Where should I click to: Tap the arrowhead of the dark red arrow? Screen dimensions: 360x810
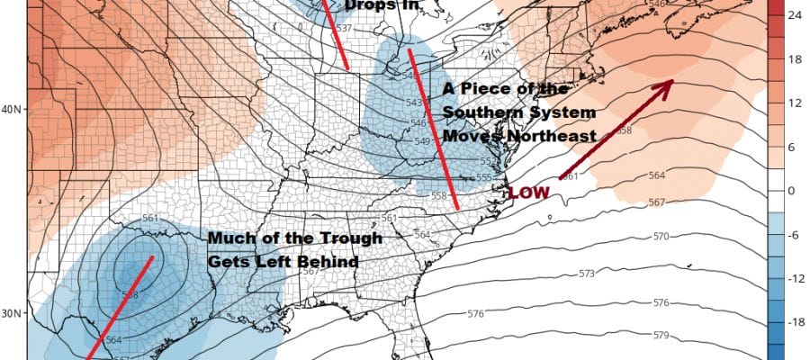click(x=668, y=85)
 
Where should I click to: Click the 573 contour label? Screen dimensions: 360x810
click(x=587, y=273)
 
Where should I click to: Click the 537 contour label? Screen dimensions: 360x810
click(x=342, y=28)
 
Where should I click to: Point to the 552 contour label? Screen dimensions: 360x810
click(x=483, y=161)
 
